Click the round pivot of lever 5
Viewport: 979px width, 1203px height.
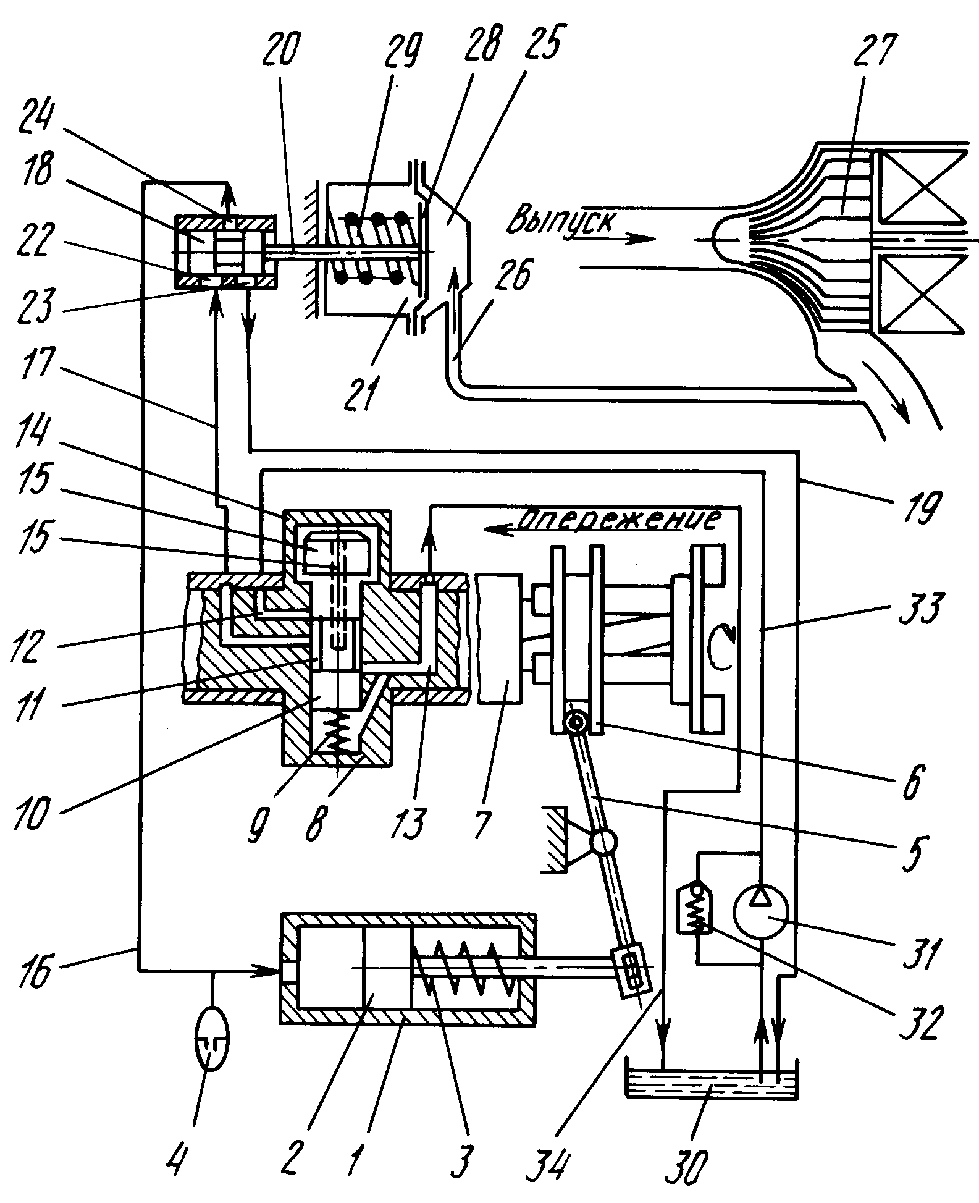pyautogui.click(x=605, y=842)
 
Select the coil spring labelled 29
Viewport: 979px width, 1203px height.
pyautogui.click(x=371, y=247)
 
